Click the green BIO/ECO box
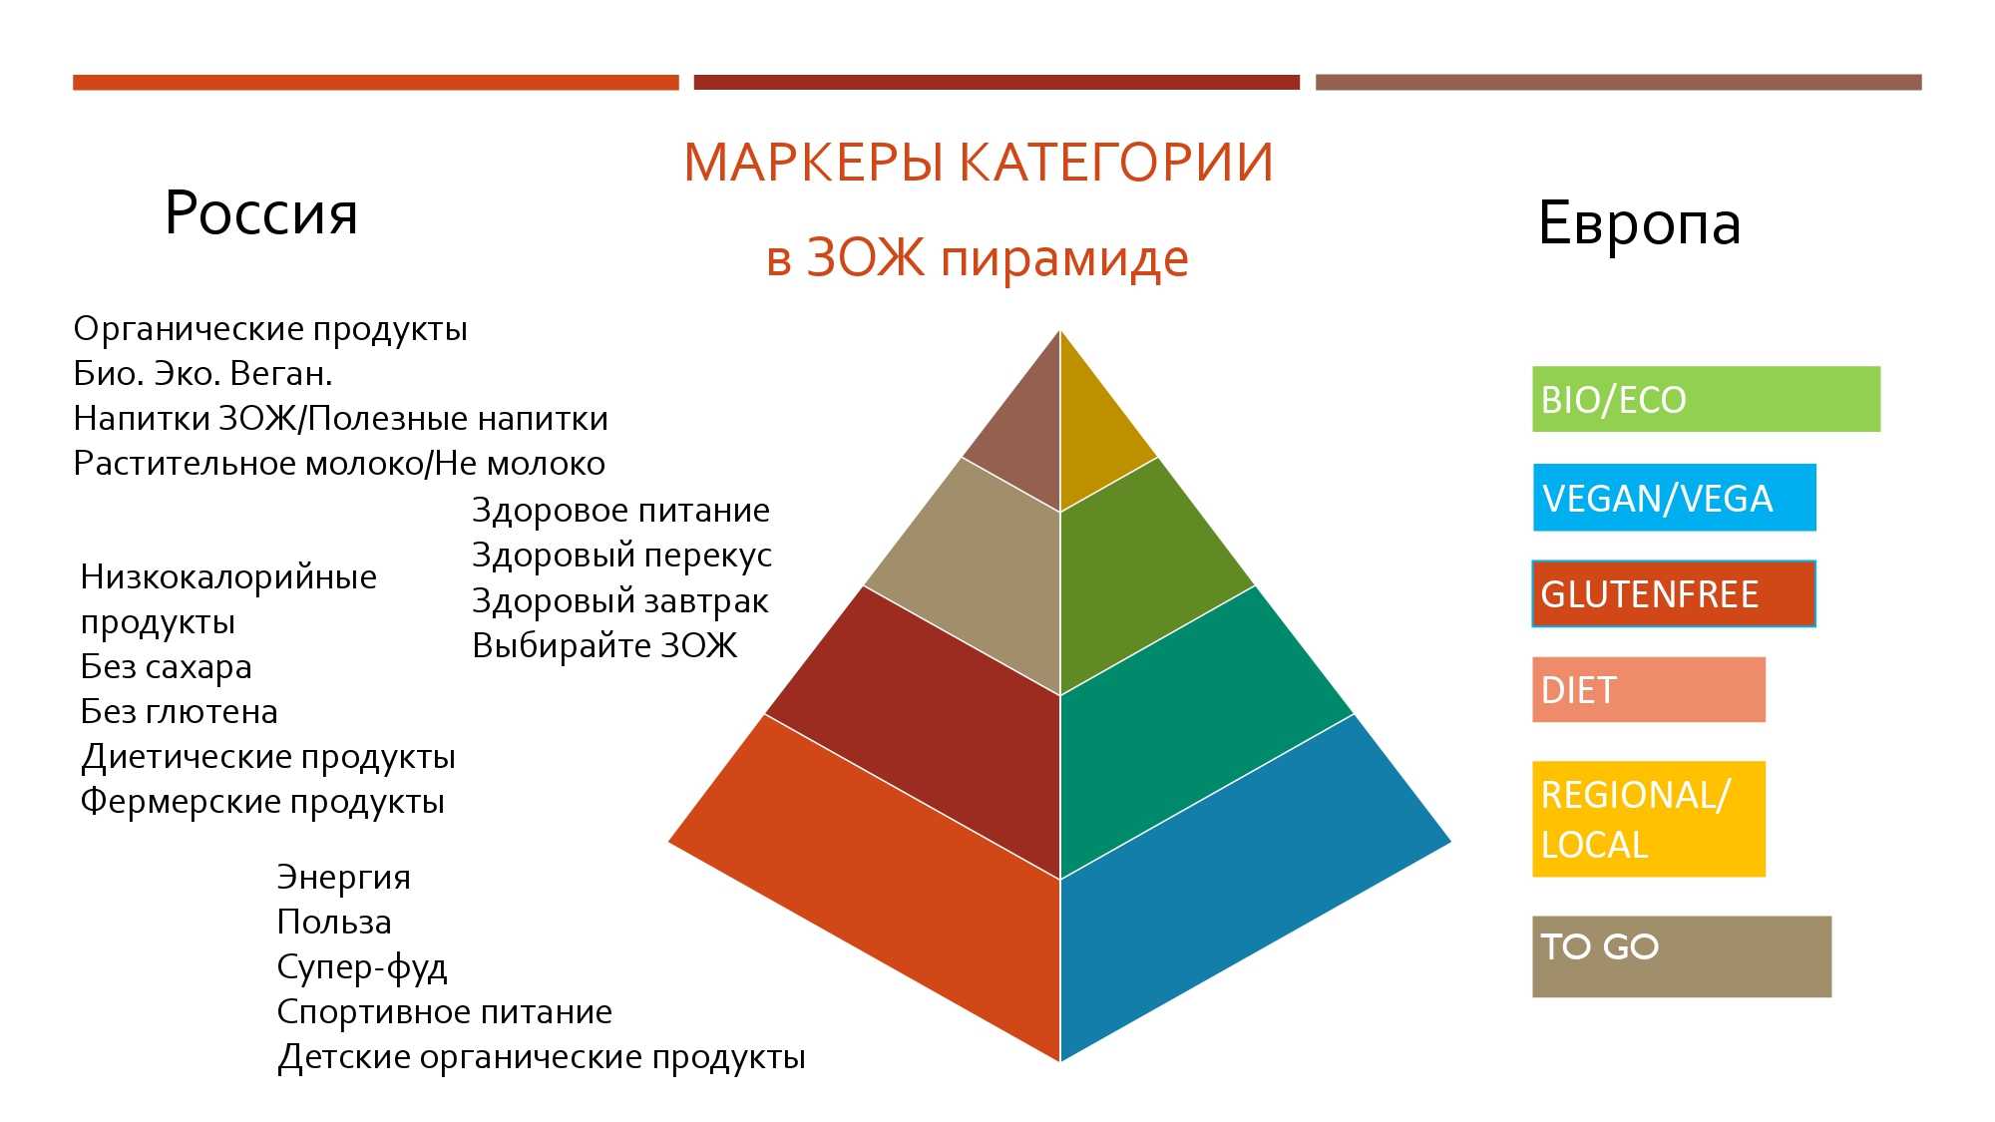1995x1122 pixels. coord(1706,399)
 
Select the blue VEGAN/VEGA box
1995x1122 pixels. coord(1674,497)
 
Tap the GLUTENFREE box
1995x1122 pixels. coord(1674,593)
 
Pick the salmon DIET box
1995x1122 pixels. coord(1649,689)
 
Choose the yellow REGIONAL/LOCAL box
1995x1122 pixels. coord(1649,819)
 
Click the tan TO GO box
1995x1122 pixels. coord(1682,956)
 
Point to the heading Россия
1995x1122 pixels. coord(261,212)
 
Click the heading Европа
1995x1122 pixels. coord(1640,222)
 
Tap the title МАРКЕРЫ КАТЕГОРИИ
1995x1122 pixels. coord(979,163)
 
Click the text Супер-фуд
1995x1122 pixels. coord(362,967)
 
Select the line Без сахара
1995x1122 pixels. coord(166,666)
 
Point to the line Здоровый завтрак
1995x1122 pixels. coord(619,601)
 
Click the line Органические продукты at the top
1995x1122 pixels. coord(270,329)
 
